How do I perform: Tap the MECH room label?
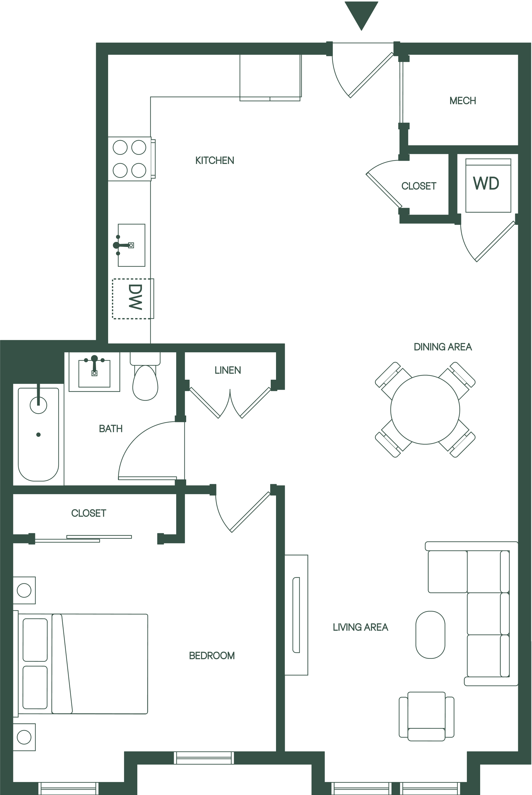462,101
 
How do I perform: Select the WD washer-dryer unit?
488,185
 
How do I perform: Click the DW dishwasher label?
135,297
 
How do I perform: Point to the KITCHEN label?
214,160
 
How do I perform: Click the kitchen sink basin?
131,245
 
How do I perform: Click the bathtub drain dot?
38,435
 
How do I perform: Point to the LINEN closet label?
228,370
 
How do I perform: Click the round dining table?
425,409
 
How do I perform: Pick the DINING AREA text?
442,347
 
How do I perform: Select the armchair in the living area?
427,716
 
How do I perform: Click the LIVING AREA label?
360,627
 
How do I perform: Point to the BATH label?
110,429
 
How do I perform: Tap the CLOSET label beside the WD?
419,186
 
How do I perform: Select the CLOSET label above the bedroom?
89,513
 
